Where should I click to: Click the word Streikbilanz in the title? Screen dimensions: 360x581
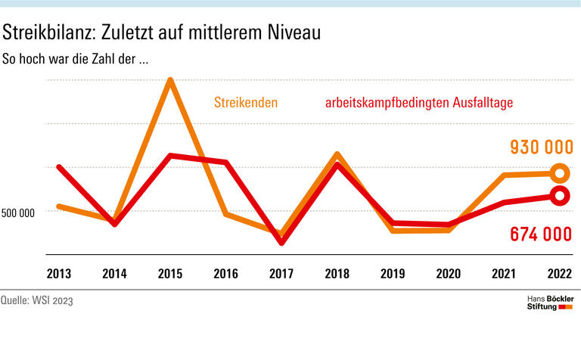51,33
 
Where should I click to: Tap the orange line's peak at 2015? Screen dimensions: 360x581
171,81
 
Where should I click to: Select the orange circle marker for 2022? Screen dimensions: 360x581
559,173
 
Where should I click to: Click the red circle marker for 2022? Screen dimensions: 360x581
559,197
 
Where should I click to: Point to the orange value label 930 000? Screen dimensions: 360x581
540,147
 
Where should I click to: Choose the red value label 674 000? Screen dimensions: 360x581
540,234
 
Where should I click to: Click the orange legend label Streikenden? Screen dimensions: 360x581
245,102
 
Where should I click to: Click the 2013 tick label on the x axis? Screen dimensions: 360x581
59,273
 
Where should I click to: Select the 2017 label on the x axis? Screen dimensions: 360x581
281,273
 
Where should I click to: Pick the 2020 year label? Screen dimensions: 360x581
449,273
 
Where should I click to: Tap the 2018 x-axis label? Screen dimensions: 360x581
337,273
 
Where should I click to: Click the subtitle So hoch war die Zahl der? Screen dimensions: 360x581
74,59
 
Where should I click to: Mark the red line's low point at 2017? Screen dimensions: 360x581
281,242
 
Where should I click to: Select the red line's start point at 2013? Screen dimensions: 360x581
59,167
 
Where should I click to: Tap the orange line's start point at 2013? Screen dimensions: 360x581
59,206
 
